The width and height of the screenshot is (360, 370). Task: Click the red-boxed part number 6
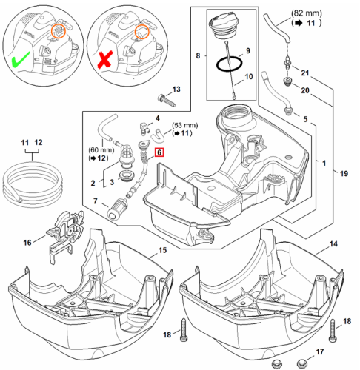(159, 152)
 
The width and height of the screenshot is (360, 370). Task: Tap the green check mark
(21, 59)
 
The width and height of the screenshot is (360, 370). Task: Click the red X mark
(105, 59)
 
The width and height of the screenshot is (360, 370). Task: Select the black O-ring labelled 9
(229, 64)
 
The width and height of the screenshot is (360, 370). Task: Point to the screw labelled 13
(167, 101)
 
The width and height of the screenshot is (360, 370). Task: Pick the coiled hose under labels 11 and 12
(32, 182)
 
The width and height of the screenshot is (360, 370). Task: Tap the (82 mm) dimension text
(307, 13)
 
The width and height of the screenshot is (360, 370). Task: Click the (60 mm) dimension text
(101, 149)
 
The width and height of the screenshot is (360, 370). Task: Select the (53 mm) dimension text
(185, 125)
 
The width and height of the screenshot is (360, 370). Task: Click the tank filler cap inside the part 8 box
(225, 27)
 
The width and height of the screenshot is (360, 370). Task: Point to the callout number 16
(27, 243)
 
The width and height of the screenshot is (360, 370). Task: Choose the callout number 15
(162, 250)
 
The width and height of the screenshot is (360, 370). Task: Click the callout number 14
(333, 244)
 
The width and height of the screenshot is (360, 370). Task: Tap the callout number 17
(320, 351)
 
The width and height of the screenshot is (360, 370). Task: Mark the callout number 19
(344, 173)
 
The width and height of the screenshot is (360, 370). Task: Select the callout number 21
(305, 73)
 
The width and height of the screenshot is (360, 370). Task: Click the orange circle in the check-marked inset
(58, 31)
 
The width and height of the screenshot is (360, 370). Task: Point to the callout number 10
(249, 76)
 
